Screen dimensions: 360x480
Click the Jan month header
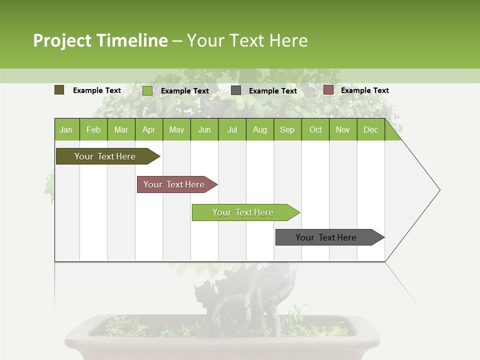66,129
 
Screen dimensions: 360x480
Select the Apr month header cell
149,129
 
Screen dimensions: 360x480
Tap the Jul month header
232,129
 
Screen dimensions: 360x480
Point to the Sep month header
287,129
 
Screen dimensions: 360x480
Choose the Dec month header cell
370,129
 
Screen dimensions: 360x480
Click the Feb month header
93,129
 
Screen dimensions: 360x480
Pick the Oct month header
315,129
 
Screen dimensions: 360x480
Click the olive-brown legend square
59,90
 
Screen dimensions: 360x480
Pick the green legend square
147,90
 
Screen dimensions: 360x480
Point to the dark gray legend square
236,90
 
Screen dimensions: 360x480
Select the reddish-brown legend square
328,90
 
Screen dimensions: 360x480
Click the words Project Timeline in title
100,40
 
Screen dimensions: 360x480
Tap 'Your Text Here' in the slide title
247,40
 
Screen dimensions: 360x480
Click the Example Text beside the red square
364,90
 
